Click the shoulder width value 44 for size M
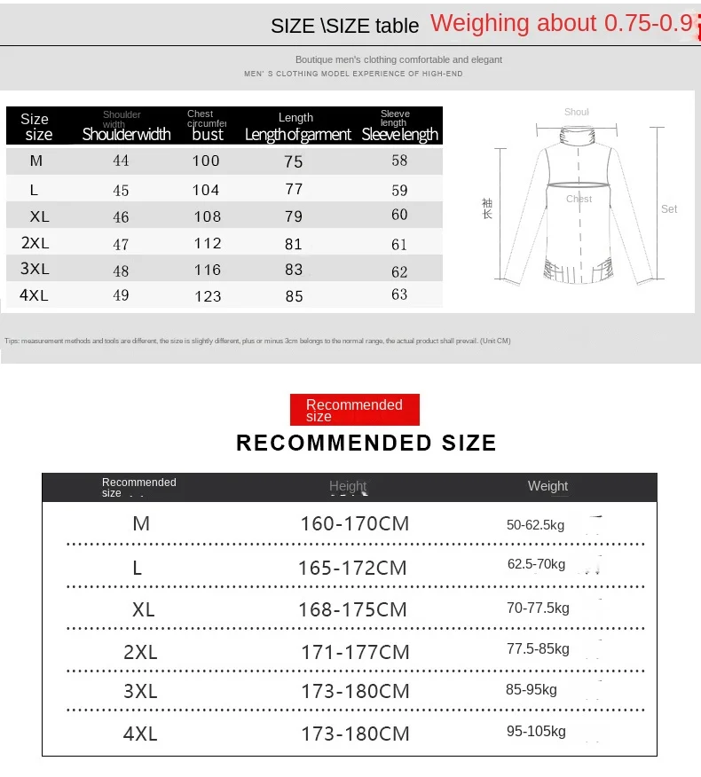point(121,161)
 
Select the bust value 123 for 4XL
point(208,296)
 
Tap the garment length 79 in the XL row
point(294,216)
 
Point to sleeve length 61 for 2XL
point(399,244)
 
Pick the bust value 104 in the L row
point(206,190)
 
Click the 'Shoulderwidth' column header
point(126,135)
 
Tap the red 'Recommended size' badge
point(354,410)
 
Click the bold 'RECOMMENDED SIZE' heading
point(366,443)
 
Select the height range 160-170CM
point(355,523)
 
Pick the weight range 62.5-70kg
point(536,564)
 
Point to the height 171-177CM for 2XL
point(355,653)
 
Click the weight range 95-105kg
point(536,732)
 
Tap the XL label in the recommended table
point(143,610)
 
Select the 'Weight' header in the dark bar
point(547,486)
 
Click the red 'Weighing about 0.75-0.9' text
point(562,24)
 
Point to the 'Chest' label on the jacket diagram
point(579,199)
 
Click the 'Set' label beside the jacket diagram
point(669,209)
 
